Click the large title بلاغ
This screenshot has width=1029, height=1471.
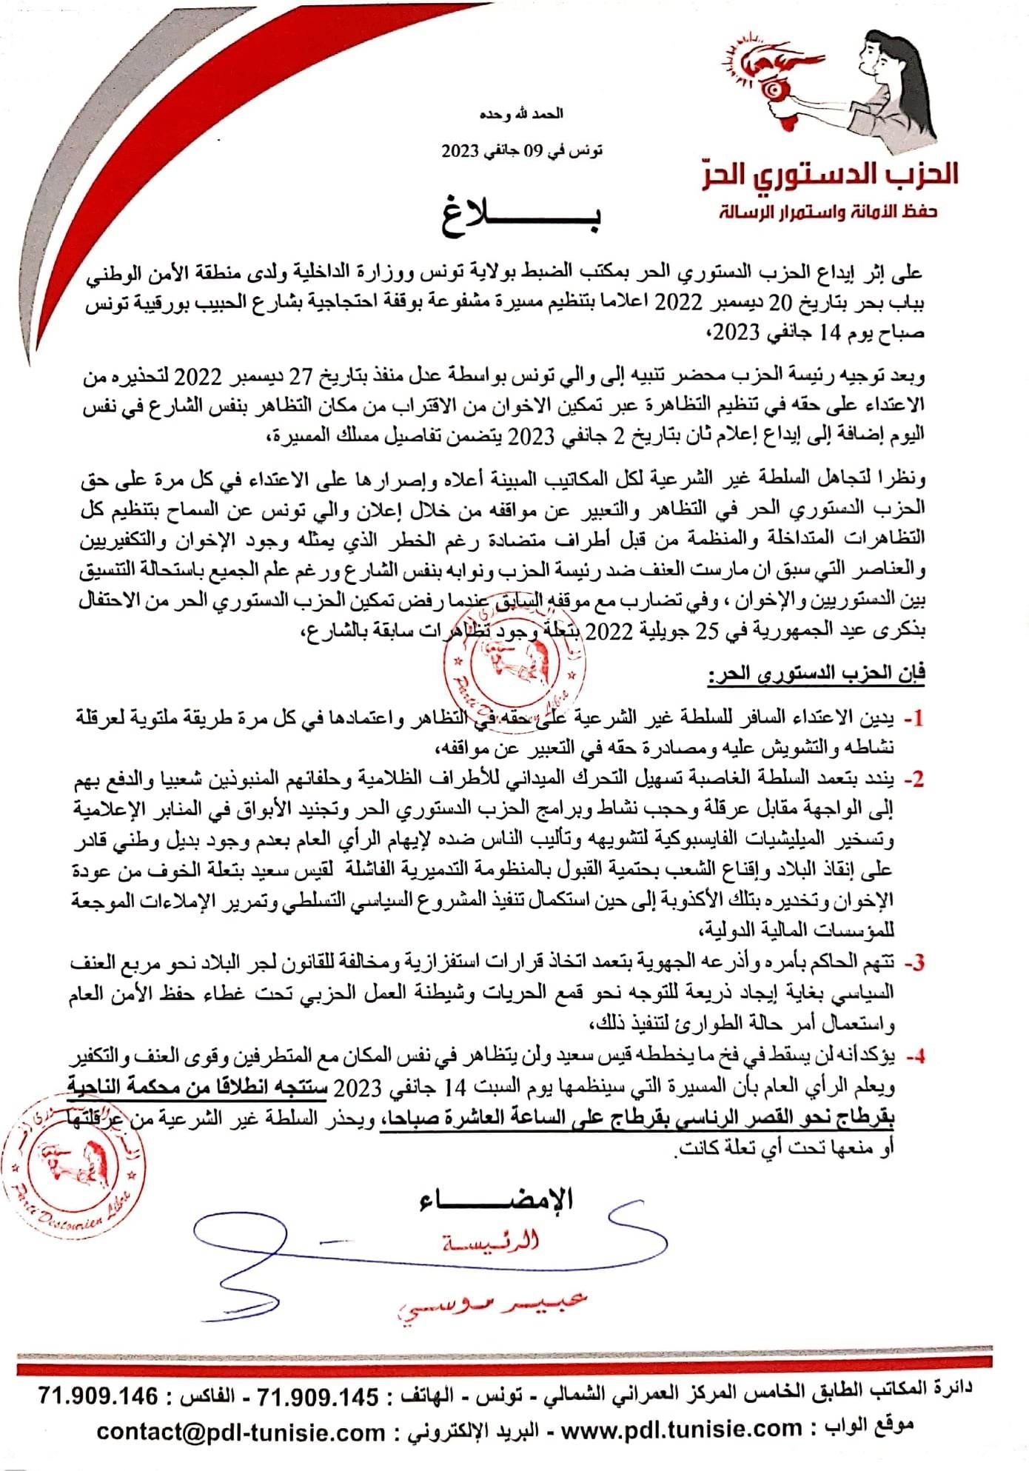tap(521, 215)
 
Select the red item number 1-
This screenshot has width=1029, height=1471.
tap(914, 717)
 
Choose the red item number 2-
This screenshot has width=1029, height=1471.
tap(914, 779)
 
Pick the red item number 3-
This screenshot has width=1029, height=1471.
tap(914, 962)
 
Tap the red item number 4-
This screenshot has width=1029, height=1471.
tap(914, 1057)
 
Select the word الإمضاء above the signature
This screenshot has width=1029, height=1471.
tap(497, 1199)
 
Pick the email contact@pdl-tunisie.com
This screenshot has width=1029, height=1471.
tap(241, 1431)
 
